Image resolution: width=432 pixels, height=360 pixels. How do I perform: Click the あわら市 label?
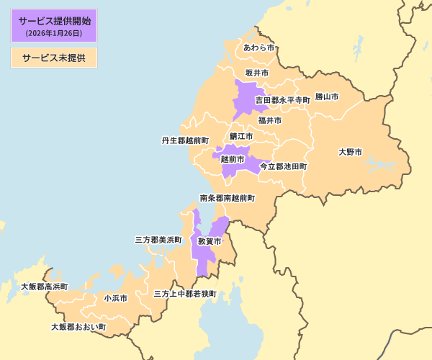point(258,48)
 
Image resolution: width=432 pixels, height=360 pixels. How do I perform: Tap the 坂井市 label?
point(256,73)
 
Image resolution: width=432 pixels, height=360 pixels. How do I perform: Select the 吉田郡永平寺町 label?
point(282,100)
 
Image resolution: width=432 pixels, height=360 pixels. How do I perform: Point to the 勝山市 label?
point(327,96)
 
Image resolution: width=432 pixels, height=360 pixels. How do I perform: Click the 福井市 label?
point(270,120)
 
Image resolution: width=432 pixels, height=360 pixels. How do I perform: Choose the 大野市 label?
point(350,152)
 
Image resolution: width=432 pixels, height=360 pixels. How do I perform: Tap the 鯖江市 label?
point(241,136)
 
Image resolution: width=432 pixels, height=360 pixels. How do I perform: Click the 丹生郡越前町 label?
point(185,140)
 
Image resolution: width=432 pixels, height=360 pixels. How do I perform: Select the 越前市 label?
point(233,158)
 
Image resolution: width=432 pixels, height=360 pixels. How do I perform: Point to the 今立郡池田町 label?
point(283,166)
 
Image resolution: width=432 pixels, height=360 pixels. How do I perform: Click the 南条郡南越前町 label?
point(227,197)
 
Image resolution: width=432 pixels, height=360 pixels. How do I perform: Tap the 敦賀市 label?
point(210,241)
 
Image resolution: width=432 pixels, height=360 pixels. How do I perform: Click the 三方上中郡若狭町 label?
point(185,294)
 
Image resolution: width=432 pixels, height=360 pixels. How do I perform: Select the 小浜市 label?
point(115,297)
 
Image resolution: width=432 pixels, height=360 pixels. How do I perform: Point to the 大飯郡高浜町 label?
point(44,287)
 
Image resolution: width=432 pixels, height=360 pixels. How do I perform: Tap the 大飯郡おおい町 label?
point(78,327)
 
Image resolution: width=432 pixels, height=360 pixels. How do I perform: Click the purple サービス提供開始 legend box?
point(54,26)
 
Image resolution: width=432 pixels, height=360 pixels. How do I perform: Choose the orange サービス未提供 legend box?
point(54,58)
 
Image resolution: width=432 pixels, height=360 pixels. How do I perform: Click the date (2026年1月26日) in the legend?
point(54,33)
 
